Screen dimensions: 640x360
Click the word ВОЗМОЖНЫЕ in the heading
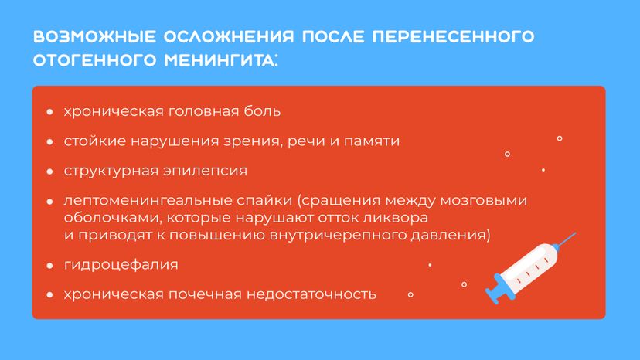pyautogui.click(x=94, y=36)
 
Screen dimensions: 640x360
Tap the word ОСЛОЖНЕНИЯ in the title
pyautogui.click(x=229, y=36)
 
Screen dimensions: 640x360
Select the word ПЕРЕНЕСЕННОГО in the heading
pyautogui.click(x=453, y=36)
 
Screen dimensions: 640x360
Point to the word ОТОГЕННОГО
pyautogui.click(x=95, y=60)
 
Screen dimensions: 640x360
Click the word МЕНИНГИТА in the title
pyautogui.click(x=221, y=60)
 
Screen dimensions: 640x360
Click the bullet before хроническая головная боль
pyautogui.click(x=49, y=111)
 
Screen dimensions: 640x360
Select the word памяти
pyautogui.click(x=372, y=141)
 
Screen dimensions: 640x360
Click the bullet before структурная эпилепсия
pyautogui.click(x=49, y=172)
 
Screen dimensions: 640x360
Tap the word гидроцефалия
pyautogui.click(x=121, y=265)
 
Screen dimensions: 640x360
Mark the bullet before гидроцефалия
pyautogui.click(x=49, y=266)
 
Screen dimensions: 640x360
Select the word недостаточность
pyautogui.click(x=311, y=294)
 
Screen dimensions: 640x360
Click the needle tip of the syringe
pyautogui.click(x=575, y=233)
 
